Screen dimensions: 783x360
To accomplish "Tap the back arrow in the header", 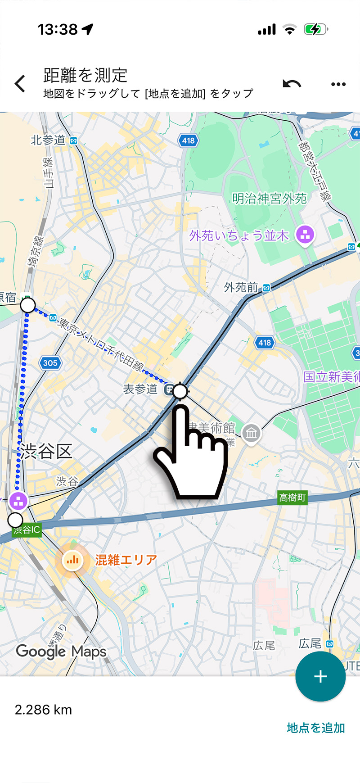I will (20, 84).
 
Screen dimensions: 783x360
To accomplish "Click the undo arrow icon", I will (292, 84).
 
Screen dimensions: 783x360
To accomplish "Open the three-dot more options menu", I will (338, 84).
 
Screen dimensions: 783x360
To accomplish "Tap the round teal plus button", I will (320, 676).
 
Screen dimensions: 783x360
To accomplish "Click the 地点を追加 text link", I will (316, 728).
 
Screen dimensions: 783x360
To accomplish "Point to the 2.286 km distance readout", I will (43, 710).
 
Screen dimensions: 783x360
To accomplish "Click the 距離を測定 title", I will (85, 75).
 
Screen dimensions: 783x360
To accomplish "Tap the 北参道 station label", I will (48, 140).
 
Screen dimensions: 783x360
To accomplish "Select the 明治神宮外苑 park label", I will (269, 198).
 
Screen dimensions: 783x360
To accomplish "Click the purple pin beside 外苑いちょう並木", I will (305, 235).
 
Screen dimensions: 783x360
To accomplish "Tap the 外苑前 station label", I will (241, 287).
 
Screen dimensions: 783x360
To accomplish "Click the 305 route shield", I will (50, 362).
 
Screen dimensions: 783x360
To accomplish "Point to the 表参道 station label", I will (140, 389).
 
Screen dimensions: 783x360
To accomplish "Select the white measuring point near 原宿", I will (28, 305).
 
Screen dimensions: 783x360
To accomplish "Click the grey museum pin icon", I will (251, 434).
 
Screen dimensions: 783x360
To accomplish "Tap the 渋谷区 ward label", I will (45, 451).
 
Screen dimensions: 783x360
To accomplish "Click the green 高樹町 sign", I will (292, 498).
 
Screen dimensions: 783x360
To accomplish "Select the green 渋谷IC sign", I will (27, 530).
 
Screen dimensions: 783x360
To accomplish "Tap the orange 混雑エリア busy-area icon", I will (72, 560).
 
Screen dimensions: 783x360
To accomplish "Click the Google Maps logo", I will (61, 652).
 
